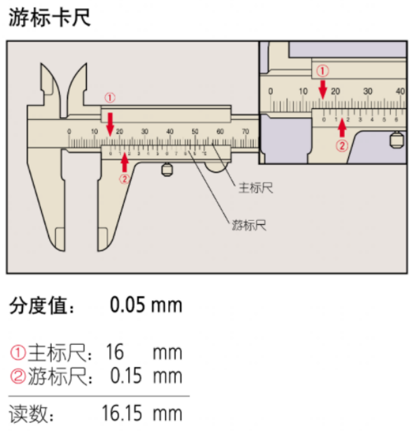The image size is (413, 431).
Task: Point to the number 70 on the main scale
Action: coord(245,131)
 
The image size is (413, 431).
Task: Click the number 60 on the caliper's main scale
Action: coord(220,131)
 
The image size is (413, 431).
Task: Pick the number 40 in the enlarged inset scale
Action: coord(400,90)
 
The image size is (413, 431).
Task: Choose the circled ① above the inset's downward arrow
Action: coord(323,69)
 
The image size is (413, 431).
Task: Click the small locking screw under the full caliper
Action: coord(166,170)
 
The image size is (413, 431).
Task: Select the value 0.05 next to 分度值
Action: coord(128,305)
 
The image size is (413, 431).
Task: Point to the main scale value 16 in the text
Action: coord(115,352)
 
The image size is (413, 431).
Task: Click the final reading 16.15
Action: coord(122,411)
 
